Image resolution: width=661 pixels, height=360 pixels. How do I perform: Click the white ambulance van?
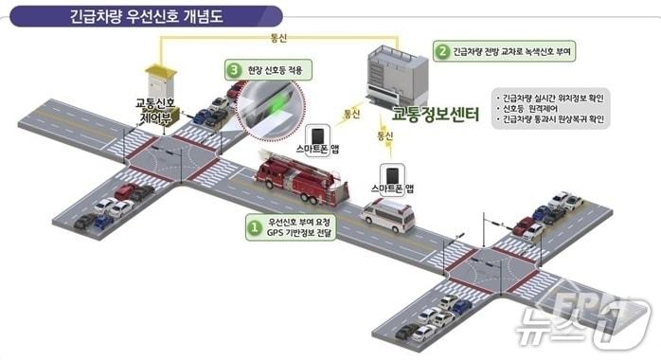tap(388, 216)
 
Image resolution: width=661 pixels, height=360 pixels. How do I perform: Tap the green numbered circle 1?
tap(253, 228)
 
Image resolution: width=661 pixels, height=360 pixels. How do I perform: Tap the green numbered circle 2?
tap(441, 49)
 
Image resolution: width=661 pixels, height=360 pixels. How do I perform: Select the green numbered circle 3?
tap(233, 70)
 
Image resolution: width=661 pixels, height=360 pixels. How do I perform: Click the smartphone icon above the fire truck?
tap(322, 133)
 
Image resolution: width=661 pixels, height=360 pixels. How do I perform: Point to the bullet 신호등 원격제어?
tap(537, 109)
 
